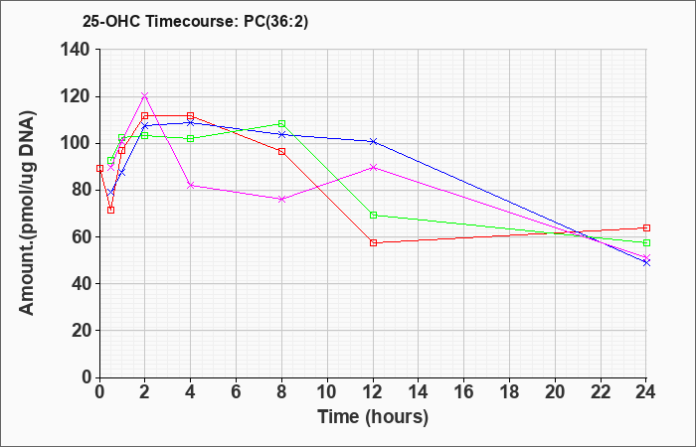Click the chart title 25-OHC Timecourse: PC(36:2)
pos(195,21)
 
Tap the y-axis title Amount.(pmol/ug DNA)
pos(27,214)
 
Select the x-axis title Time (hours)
pos(373,417)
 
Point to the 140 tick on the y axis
pos(81,50)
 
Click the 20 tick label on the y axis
pos(85,331)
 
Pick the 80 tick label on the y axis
pos(85,191)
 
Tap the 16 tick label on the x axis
pos(464,392)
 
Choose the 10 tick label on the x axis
pos(327,392)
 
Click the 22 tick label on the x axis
pos(601,392)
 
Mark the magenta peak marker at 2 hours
pos(144,95)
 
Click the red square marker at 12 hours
pos(373,243)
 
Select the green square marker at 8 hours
pos(281,124)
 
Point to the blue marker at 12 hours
pos(373,141)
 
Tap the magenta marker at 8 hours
pos(281,199)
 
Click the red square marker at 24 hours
pos(646,227)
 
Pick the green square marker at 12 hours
pos(373,216)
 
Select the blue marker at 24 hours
pos(646,262)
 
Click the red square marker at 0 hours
pos(99,169)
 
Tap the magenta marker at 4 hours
pos(191,186)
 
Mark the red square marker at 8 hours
pos(281,152)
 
